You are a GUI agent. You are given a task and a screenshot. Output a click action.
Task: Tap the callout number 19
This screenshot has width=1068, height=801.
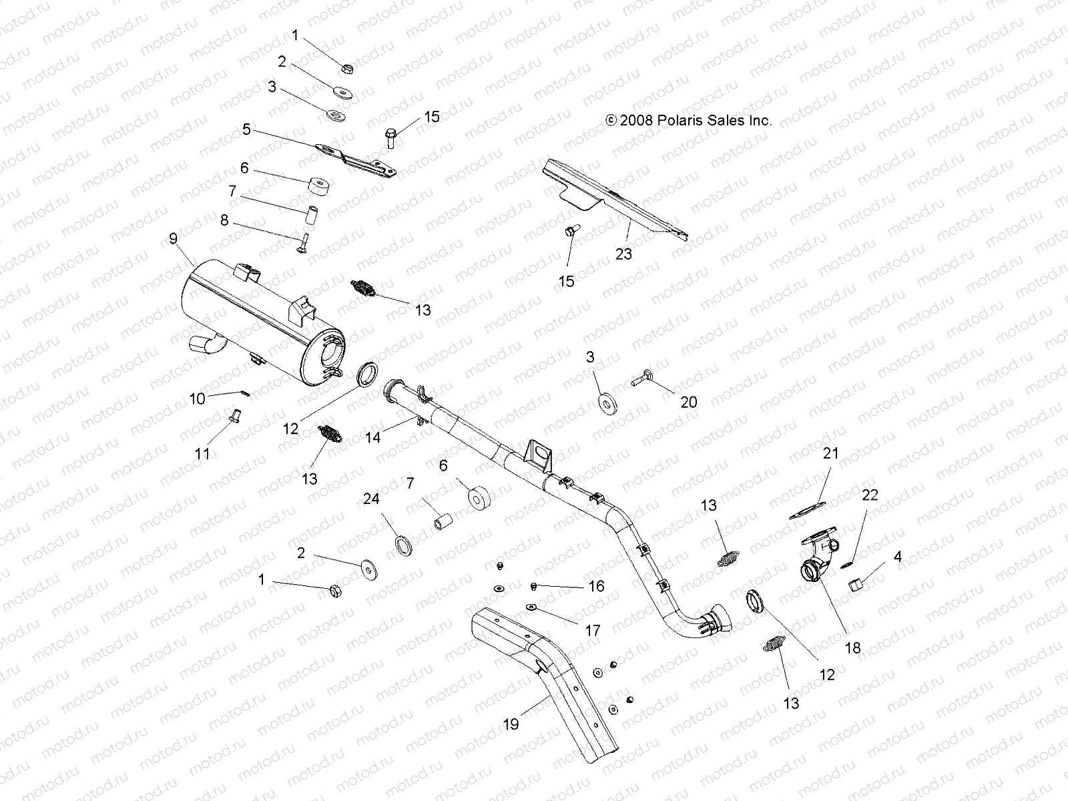point(511,723)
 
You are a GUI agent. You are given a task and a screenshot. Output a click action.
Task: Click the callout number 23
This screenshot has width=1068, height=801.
point(624,254)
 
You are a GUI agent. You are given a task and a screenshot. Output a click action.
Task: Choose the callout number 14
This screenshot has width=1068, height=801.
point(372,437)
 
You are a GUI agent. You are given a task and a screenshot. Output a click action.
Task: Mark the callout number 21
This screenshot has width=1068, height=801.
point(830,454)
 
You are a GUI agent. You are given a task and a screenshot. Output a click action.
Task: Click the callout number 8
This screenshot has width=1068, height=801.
point(224,220)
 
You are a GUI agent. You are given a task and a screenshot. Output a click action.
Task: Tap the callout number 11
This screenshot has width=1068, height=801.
point(202,454)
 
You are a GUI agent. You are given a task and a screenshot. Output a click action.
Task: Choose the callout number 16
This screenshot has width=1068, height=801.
point(596,586)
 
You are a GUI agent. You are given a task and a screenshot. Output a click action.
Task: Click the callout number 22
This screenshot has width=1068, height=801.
point(870,495)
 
